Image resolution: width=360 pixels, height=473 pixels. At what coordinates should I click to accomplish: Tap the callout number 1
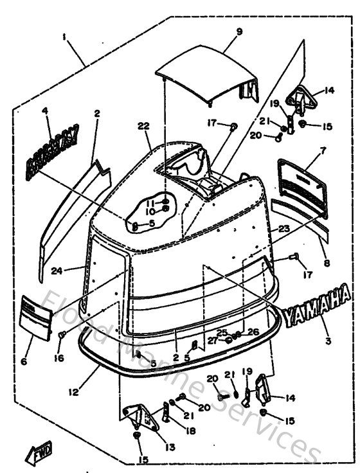tap(64, 37)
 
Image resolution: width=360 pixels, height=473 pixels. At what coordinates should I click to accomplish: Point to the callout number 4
tap(46, 111)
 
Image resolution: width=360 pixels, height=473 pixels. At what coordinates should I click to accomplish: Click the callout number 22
tap(143, 125)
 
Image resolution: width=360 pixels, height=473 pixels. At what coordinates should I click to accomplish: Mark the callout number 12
tap(77, 389)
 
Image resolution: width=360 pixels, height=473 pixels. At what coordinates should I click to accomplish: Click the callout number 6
tap(24, 362)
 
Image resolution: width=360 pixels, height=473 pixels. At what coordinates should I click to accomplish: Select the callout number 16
tap(59, 358)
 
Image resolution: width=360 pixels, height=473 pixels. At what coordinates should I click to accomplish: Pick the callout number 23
tap(283, 228)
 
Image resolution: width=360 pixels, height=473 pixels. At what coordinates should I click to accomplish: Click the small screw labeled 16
tap(63, 335)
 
